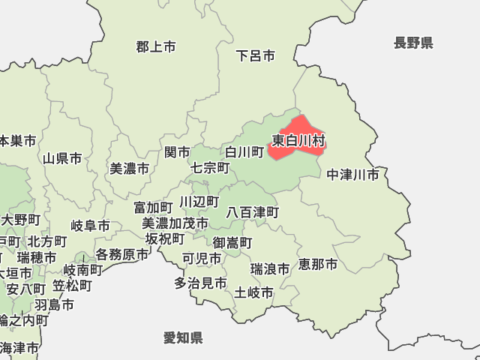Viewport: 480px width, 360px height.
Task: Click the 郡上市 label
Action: coord(156,46)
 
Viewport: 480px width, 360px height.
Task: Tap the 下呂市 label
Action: coord(255,55)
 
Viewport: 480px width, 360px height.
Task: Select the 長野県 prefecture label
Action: coord(413,43)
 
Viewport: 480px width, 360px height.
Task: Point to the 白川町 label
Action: coord(244,152)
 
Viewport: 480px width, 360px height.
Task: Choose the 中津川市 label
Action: coord(352,175)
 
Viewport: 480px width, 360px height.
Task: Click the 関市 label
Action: coord(178,152)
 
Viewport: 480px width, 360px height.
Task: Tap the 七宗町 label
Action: coord(210,167)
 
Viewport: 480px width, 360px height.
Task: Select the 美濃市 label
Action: coord(129,169)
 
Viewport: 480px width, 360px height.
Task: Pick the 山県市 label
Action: coord(62,158)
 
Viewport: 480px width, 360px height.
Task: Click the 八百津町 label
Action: coord(253,213)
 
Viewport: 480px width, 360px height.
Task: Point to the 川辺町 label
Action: coord(199,202)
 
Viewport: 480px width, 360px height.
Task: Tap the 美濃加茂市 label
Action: coord(175,223)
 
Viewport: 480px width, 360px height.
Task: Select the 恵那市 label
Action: coord(318,264)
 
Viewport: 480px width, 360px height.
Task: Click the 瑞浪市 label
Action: coord(270,268)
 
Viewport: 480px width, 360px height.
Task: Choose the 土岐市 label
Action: coord(254,292)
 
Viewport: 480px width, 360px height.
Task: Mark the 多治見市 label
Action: coord(200,283)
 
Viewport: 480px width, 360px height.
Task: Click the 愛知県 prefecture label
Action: coord(183,338)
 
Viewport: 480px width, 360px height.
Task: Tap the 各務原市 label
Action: coord(121,255)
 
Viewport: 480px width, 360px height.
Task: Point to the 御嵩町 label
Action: coord(232,242)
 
